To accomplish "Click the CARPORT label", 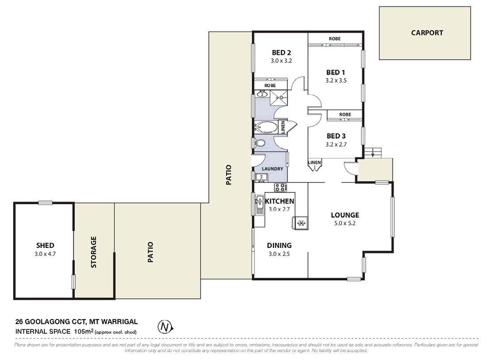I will tap(426, 33).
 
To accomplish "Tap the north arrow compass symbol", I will tap(165, 327).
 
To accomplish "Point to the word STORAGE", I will tap(94, 252).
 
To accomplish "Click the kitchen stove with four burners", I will tap(280, 187).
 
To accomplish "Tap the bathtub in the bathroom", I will tap(266, 128).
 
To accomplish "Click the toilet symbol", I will tap(261, 143).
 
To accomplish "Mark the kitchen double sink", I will tap(260, 205).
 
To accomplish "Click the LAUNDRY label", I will tap(272, 169).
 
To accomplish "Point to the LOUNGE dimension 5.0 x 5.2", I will tap(345, 223).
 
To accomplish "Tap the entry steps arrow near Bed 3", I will tap(373, 154).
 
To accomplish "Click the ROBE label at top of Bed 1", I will tap(334, 39).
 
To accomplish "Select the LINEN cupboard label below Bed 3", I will tap(315, 163).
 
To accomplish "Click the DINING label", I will tap(279, 245).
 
